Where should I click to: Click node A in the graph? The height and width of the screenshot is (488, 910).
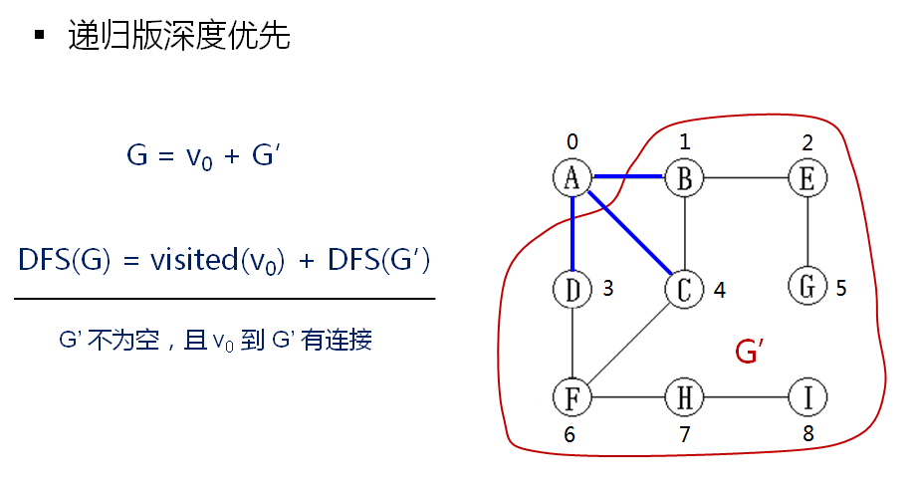572,178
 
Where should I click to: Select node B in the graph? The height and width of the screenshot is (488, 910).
685,178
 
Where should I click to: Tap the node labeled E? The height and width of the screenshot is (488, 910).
806,178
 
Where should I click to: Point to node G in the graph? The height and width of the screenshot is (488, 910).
806,287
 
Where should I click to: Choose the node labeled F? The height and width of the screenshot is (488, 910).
572,397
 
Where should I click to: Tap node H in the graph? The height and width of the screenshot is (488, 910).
685,397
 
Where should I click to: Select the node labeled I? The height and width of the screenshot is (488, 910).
806,397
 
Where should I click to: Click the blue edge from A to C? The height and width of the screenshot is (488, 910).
629,233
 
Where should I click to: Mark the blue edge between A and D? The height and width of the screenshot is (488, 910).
572,233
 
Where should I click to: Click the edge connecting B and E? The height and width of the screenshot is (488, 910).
746,178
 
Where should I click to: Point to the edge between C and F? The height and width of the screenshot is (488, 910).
629,343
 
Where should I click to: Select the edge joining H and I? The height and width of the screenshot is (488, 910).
746,397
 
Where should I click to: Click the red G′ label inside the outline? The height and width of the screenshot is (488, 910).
748,352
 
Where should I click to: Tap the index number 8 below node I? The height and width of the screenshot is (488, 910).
806,434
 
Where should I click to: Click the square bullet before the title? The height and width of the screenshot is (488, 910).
40,36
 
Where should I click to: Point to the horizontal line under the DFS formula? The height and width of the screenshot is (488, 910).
224,298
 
